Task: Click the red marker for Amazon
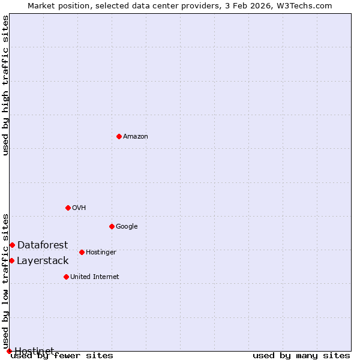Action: pos(119,136)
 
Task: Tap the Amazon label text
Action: pos(136,137)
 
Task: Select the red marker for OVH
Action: pos(68,208)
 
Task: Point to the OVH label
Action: pos(79,208)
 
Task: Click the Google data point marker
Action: pos(112,226)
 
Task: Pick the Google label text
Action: pos(127,227)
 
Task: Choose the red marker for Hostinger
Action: pos(82,252)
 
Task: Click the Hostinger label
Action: pos(101,253)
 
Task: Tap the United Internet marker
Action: pos(66,277)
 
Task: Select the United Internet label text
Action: pos(95,277)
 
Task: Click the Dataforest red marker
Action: pos(12,245)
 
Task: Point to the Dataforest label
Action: pos(43,245)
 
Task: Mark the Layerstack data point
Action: pos(11,260)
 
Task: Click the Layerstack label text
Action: pos(43,261)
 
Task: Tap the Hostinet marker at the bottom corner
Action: pos(9,351)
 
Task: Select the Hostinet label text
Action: pos(34,350)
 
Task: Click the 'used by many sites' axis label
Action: pos(301,355)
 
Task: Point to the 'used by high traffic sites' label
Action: pos(6,85)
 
